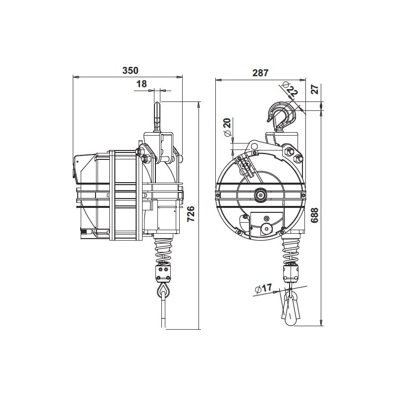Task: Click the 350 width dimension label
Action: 130,70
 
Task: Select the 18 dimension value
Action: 142,84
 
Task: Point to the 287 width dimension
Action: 260,73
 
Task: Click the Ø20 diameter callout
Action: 227,128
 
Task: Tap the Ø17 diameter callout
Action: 264,288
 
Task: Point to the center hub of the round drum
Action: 259,196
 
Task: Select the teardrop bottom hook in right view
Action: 291,309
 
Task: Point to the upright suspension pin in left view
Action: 157,117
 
